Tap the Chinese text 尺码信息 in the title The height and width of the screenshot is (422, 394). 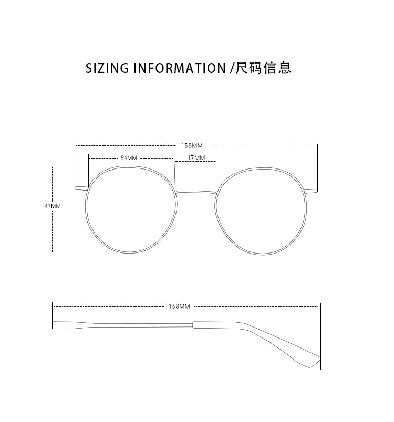[263, 68]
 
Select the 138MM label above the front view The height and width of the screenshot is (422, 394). [192, 145]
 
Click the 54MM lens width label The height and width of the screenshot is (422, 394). [129, 157]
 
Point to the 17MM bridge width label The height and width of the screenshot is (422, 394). [196, 157]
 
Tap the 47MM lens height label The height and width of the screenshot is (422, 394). [53, 206]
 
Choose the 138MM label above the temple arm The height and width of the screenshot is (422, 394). [179, 305]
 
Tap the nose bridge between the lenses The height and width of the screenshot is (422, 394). [196, 192]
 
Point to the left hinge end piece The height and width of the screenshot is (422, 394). [81, 187]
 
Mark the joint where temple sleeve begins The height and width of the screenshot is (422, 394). [194, 325]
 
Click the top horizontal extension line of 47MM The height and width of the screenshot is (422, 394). [89, 166]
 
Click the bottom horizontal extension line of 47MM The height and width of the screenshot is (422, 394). [89, 254]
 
